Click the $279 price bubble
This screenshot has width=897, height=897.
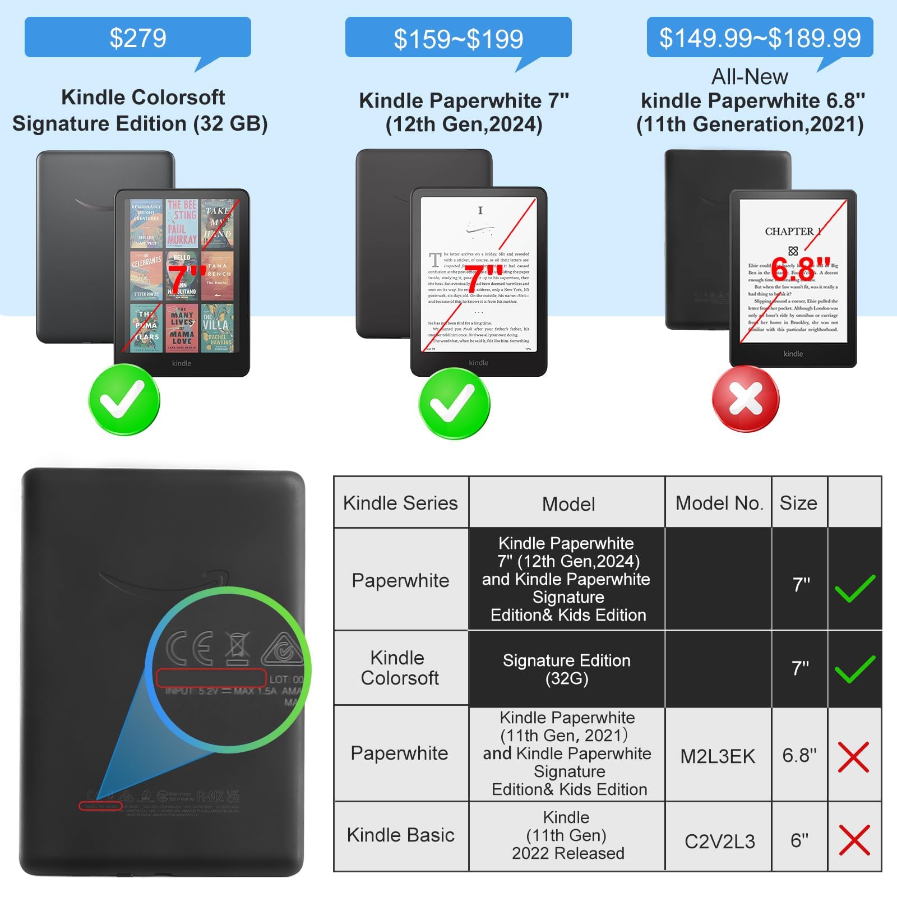coord(137,38)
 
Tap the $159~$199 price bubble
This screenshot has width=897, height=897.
coord(458,38)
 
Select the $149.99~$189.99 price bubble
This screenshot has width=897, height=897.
coord(760,38)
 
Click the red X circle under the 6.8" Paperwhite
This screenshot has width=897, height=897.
coord(746,399)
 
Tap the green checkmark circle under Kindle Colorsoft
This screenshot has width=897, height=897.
coord(124,399)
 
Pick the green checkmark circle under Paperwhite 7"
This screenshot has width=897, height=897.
coord(454,403)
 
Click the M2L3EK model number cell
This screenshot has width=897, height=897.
coord(718,756)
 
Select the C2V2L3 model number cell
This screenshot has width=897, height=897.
coord(720,841)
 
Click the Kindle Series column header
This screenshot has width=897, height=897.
coord(400,503)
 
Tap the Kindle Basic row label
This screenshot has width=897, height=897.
coord(400,835)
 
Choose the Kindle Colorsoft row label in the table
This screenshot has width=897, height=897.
coord(400,668)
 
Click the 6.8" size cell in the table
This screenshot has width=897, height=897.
coord(799,755)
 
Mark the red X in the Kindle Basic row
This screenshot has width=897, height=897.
coord(854,839)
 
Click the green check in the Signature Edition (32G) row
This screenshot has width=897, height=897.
coord(854,668)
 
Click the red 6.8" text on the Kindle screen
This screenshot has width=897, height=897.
coord(801,269)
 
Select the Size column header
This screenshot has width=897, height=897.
coord(798,503)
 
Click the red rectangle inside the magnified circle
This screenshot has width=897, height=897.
coord(210,678)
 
